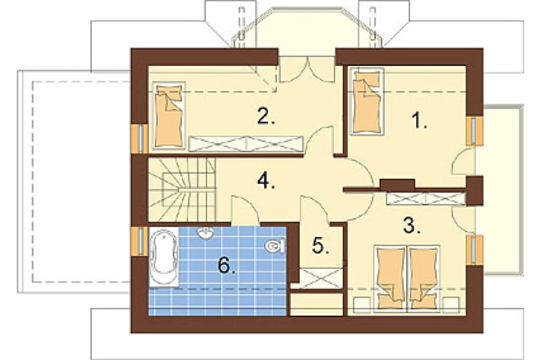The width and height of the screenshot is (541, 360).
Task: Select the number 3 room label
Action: pos(412,225)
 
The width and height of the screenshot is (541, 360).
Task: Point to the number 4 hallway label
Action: pos(266,181)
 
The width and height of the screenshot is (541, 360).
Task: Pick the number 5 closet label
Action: pos(320,246)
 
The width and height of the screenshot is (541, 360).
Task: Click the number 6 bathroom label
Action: pos(227,266)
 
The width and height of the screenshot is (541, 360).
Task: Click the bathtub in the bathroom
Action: pos(164,257)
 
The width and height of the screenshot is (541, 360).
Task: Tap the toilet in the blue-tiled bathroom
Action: pos(275,246)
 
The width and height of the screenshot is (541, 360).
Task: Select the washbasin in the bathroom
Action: pos(207,233)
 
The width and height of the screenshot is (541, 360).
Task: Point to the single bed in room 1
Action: pos(367,101)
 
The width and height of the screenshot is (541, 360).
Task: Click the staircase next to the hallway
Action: pos(182,190)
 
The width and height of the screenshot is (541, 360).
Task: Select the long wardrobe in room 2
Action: pos(246,144)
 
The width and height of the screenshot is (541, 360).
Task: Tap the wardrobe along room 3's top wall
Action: pos(426,199)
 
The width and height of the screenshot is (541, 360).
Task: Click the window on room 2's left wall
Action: pos(140,138)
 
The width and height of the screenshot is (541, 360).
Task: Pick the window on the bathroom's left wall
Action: pos(140,241)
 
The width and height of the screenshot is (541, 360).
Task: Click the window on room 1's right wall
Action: pos(474,131)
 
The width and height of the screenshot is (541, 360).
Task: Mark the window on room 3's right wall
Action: pos(474,250)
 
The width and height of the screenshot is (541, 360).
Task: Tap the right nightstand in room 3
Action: pos(452,305)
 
